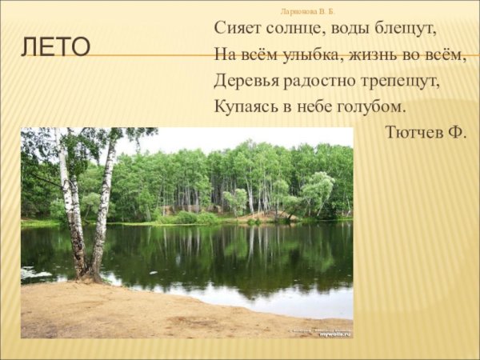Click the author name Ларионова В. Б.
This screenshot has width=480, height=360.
tap(308, 11)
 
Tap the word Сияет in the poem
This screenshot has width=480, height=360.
tap(236, 28)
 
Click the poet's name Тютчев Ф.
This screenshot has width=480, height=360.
tap(425, 132)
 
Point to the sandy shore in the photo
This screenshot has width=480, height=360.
tap(160, 316)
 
